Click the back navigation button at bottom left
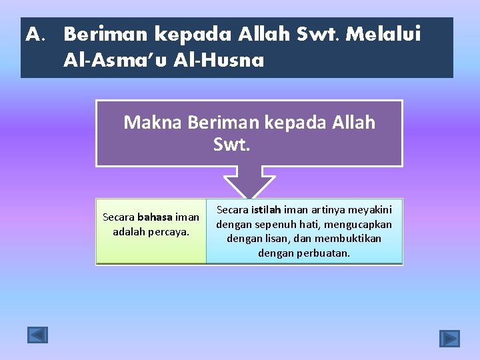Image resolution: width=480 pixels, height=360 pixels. [x=37, y=335]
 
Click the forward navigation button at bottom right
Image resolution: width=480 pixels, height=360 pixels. [x=449, y=339]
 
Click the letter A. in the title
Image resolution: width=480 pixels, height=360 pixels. [x=35, y=34]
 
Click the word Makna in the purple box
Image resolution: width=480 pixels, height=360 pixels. [x=153, y=123]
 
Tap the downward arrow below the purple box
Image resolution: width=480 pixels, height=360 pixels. [x=249, y=184]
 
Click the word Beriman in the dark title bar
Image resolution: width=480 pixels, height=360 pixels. [x=107, y=34]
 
